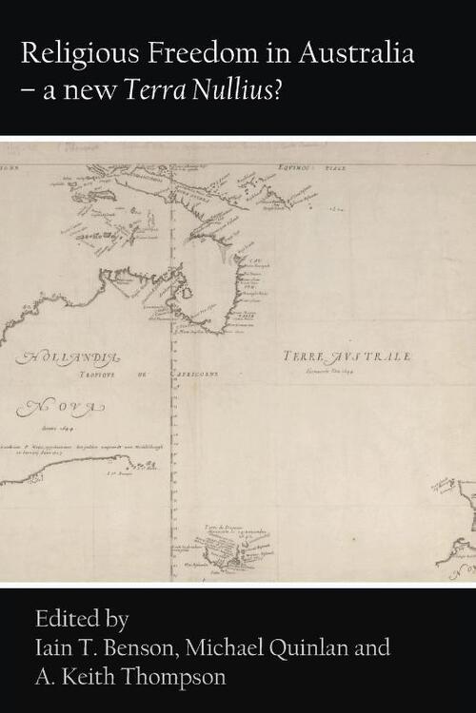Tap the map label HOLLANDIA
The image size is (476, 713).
(68, 359)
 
